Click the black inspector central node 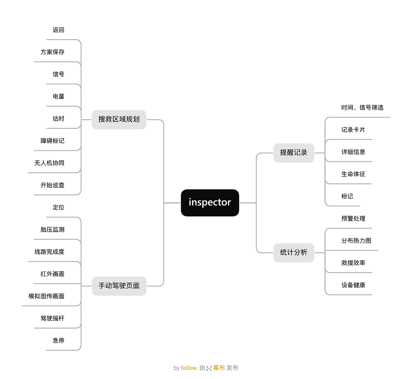(210, 203)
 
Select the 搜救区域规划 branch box (119, 119)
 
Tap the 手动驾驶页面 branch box (119, 286)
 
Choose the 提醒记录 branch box (294, 153)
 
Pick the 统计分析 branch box (294, 252)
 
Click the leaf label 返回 (58, 30)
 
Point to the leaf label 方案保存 (52, 52)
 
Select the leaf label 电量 (58, 96)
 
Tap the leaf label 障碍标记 (52, 141)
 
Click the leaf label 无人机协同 (49, 163)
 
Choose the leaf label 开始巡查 (52, 185)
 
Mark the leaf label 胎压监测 (52, 230)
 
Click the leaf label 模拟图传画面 (46, 296)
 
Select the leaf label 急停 (58, 340)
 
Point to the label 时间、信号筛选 (362, 107)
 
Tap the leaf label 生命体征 (353, 174)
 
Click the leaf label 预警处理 (353, 219)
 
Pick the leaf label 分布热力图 (356, 241)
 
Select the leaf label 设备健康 (353, 285)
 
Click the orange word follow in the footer (189, 368)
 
